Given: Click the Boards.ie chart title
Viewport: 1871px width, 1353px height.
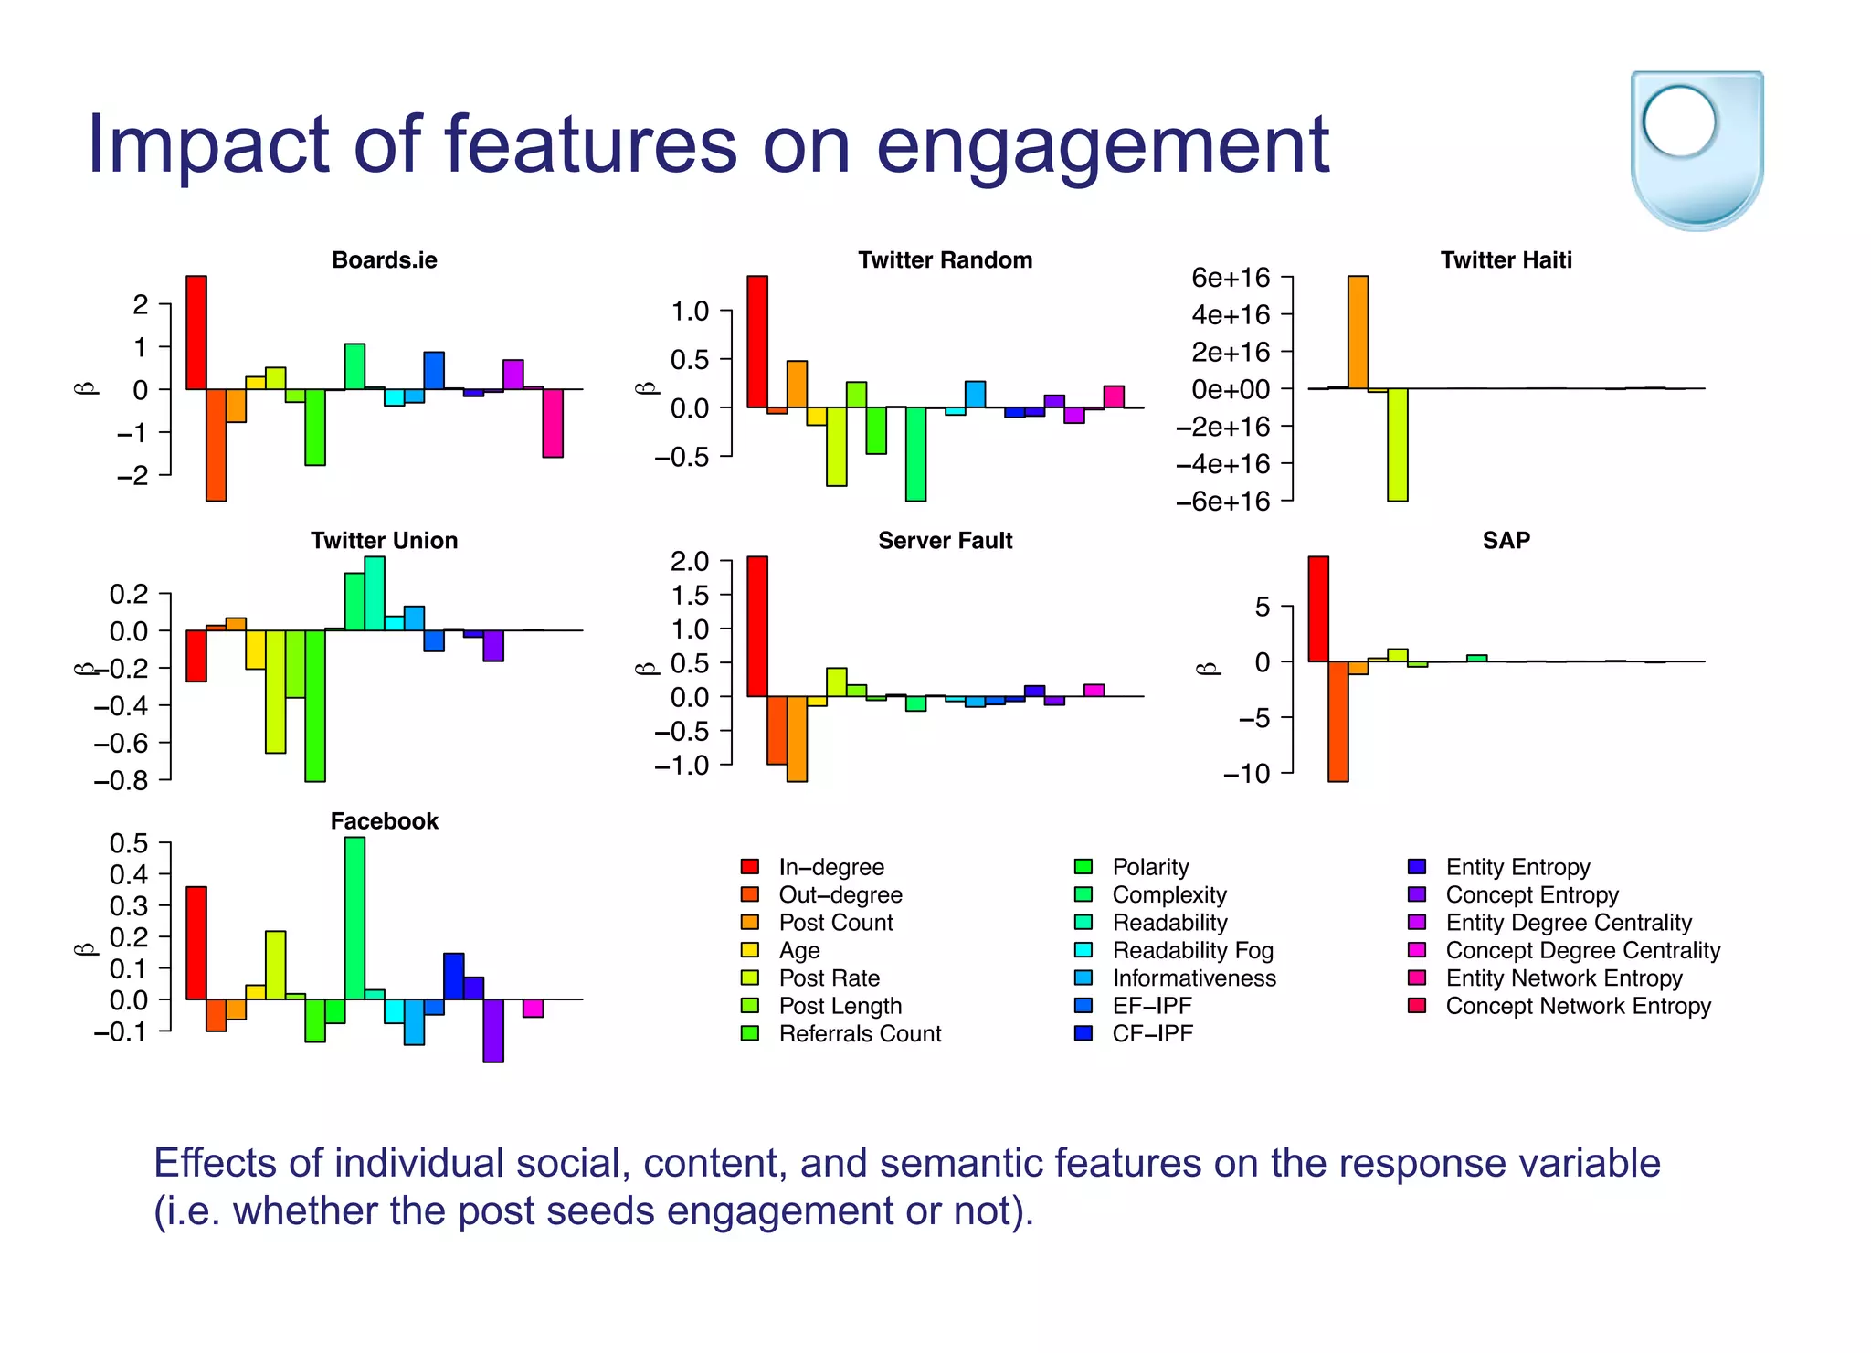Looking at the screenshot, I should [x=384, y=260].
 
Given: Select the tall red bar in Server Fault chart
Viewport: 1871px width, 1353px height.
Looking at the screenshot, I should [x=757, y=626].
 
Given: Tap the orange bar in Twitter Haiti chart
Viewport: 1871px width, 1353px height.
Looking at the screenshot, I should [x=1358, y=333].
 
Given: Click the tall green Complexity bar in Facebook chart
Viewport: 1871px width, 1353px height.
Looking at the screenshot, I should [x=354, y=918].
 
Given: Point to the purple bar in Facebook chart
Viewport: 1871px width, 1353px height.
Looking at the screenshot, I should [x=493, y=1030].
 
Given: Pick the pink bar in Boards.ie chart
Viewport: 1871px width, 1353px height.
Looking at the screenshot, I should [x=553, y=423].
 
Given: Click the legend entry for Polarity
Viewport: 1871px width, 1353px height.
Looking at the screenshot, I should [x=1149, y=867].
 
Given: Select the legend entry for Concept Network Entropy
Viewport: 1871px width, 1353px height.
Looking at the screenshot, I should [x=1578, y=1006].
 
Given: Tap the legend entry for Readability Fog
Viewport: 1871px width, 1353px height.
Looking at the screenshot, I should [x=1191, y=950].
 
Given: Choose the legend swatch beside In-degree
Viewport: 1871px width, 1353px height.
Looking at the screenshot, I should [x=750, y=867].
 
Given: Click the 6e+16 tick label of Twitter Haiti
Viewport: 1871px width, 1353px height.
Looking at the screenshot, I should [x=1231, y=277].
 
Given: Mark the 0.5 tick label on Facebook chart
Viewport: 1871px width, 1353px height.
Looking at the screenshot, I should [x=129, y=842].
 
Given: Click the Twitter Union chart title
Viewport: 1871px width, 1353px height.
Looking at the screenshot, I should [x=384, y=541].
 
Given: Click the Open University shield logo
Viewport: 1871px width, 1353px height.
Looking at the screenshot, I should [x=1697, y=149].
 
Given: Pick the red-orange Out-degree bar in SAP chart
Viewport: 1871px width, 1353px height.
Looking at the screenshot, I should [x=1337, y=721].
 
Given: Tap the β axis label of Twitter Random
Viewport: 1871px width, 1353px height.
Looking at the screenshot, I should [x=646, y=387].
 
